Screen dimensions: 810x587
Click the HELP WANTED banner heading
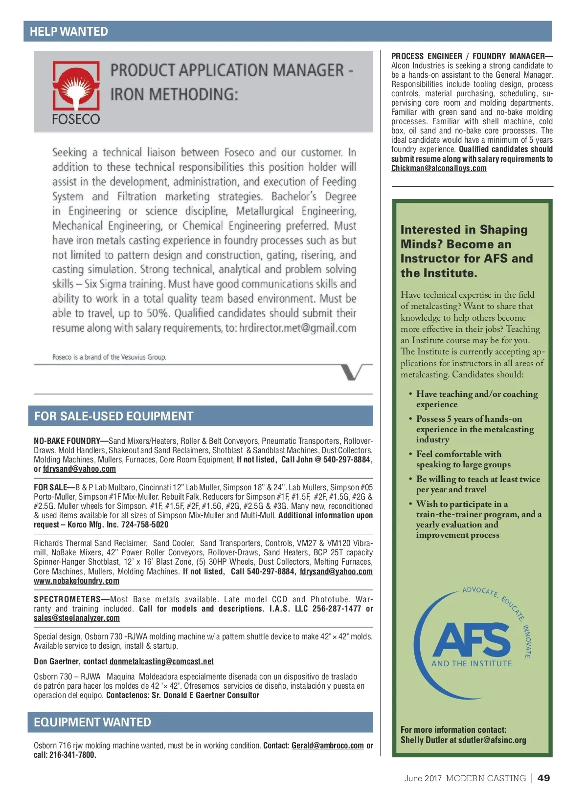click(x=68, y=32)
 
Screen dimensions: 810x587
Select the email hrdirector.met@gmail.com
click(x=297, y=328)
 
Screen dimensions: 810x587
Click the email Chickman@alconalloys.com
click(x=439, y=168)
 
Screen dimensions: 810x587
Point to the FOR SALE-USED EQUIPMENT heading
click(x=113, y=416)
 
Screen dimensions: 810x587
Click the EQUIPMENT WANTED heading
click(x=92, y=722)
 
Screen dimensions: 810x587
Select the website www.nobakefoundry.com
click(x=76, y=581)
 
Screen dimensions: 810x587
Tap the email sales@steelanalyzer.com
click(x=77, y=618)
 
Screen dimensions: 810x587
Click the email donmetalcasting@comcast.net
click(x=161, y=661)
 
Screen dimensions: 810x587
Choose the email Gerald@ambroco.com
click(x=327, y=745)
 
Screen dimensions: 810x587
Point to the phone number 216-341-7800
click(x=72, y=755)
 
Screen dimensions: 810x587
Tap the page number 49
click(x=543, y=778)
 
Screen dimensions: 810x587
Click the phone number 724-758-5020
click(x=144, y=525)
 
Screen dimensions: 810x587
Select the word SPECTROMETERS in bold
click(x=67, y=599)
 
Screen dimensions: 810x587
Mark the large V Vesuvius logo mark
click(x=355, y=372)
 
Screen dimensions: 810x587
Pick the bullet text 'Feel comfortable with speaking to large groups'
click(x=463, y=459)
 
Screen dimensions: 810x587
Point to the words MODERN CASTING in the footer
click(x=485, y=778)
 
